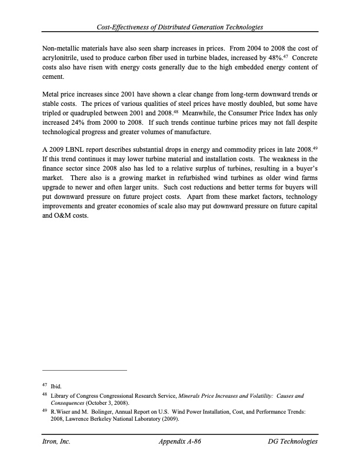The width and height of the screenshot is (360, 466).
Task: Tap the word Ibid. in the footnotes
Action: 58,383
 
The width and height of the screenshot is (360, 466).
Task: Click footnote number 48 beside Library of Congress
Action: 45,393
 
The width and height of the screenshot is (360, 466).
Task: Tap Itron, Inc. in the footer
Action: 56,441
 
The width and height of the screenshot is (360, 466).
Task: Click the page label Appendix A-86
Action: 180,441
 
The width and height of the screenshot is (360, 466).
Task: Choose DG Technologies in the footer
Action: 292,441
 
